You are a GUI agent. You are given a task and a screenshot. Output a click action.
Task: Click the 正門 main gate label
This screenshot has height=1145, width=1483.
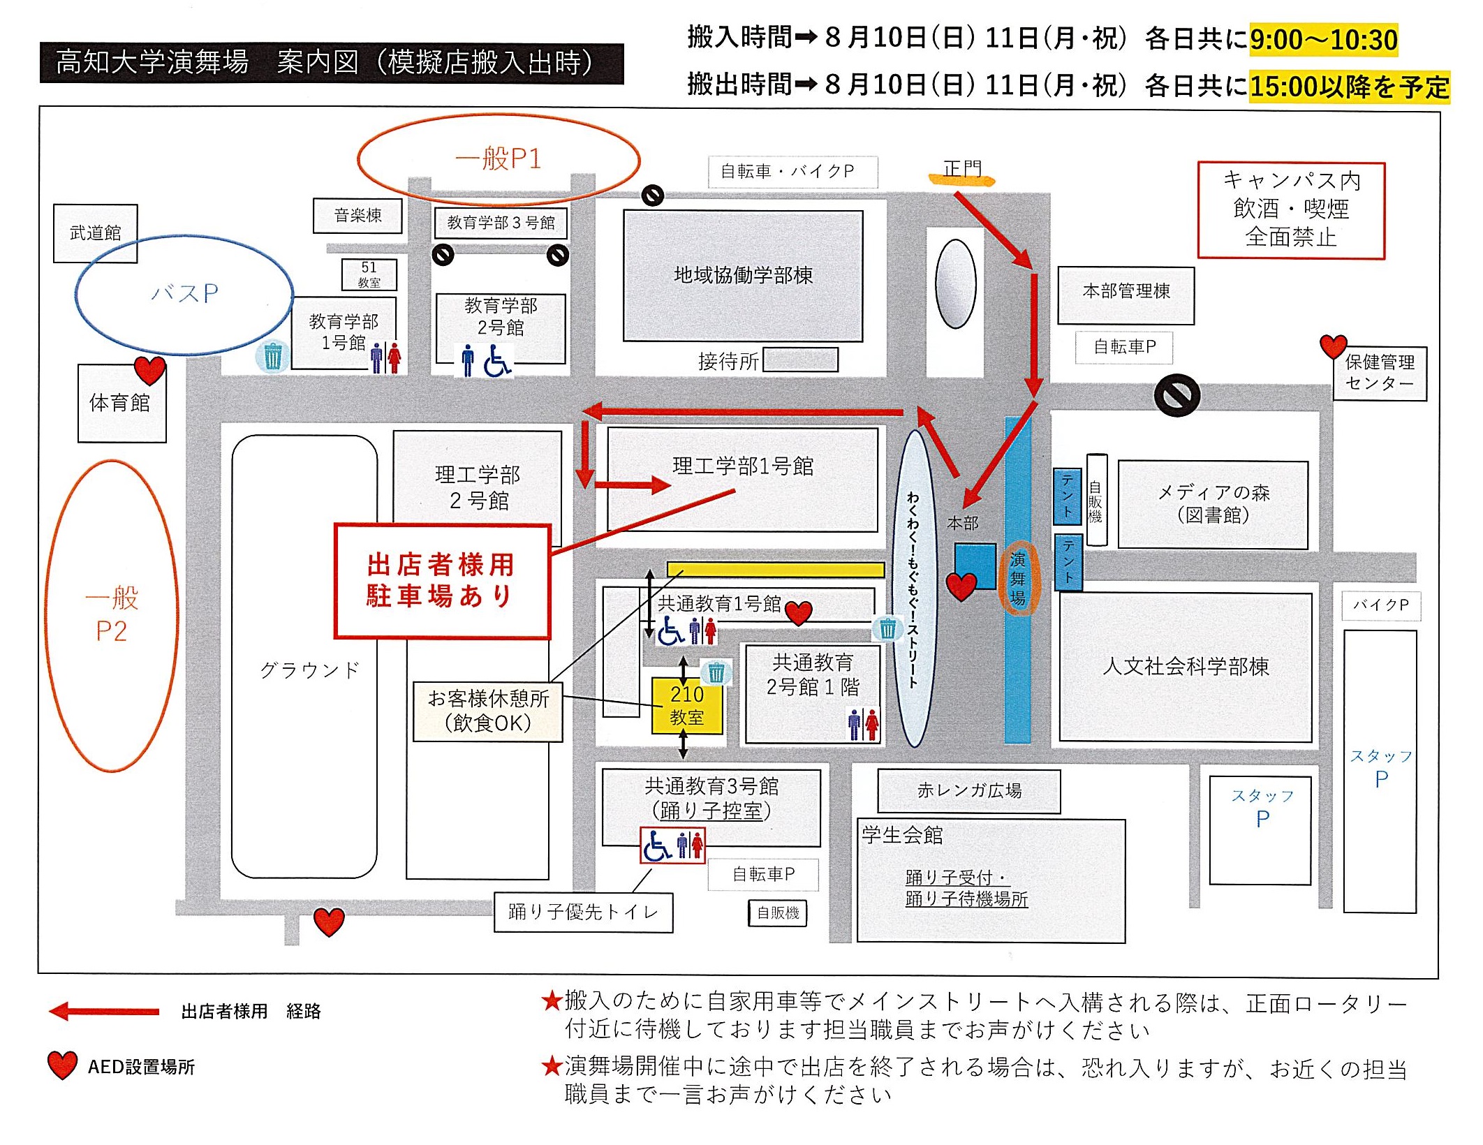962,169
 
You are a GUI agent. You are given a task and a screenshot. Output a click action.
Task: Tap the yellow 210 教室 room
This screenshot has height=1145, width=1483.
687,705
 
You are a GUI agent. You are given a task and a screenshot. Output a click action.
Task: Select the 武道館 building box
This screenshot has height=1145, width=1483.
96,232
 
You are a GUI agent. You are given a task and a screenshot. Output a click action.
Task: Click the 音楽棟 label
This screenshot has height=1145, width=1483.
357,215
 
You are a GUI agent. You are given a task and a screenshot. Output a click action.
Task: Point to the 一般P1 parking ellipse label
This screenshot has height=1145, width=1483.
498,158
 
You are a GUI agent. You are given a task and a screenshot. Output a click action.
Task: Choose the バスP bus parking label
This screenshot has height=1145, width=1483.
184,293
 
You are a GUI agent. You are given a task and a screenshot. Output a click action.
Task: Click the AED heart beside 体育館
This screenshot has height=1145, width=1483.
149,370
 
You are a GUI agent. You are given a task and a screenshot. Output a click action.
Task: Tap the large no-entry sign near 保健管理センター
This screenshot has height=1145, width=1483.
1177,395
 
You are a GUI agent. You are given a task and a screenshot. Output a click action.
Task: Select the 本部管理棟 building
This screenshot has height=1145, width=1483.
1126,292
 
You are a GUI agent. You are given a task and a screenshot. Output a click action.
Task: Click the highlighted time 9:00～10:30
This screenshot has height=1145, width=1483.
1323,40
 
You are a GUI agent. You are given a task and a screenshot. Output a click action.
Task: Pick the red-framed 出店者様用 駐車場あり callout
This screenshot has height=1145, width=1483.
442,581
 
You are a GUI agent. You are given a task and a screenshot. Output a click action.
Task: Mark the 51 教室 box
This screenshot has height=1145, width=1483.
369,274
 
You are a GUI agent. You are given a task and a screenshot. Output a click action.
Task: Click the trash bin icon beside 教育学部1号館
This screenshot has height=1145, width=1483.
272,356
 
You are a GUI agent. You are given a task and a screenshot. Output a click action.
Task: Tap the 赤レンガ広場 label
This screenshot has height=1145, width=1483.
969,791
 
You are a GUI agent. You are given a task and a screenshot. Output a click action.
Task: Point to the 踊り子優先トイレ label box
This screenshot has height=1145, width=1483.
583,912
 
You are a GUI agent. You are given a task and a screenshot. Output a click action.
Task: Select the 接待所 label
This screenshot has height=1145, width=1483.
728,361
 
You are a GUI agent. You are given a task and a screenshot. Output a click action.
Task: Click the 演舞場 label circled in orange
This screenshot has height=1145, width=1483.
1018,578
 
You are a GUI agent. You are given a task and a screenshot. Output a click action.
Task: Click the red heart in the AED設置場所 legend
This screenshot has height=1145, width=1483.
62,1065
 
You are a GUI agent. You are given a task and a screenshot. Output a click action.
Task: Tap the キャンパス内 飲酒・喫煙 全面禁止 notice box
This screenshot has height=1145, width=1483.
1291,209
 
